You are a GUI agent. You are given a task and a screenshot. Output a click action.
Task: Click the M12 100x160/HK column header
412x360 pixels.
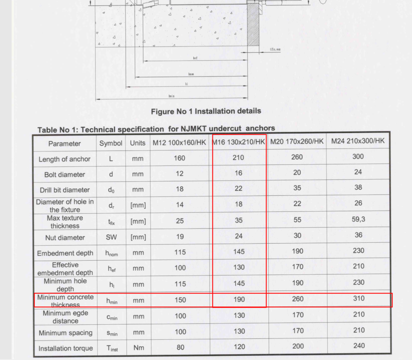point(179,143)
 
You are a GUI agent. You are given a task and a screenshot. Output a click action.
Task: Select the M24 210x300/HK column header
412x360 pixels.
point(358,141)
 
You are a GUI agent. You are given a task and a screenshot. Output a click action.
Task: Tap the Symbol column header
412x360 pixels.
point(111,143)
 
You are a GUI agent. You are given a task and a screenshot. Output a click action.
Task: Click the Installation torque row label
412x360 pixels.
point(65,348)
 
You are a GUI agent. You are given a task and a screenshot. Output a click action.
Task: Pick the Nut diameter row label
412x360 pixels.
point(65,238)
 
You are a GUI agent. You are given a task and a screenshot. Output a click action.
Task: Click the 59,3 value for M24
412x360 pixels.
point(358,219)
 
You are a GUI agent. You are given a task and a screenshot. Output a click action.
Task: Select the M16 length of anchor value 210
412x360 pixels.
point(239,158)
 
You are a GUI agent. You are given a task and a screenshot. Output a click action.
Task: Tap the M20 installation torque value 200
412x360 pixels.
point(298,346)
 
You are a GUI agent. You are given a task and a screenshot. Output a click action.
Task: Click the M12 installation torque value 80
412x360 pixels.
point(180,348)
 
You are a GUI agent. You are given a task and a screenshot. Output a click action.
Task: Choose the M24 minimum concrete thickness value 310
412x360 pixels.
point(358,298)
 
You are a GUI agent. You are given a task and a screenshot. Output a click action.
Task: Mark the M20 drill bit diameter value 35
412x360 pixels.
point(297,188)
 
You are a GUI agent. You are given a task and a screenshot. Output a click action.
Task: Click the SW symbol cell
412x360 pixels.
point(111,238)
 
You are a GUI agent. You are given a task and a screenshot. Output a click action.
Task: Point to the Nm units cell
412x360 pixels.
point(138,348)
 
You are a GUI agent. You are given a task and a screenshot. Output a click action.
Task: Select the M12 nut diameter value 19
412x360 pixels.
point(180,237)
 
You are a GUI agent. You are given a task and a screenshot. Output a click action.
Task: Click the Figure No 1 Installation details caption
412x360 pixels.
point(206,111)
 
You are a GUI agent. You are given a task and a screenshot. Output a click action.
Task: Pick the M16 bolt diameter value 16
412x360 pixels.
point(239,173)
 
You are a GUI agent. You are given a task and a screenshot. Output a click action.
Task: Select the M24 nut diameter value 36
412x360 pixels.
point(358,235)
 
